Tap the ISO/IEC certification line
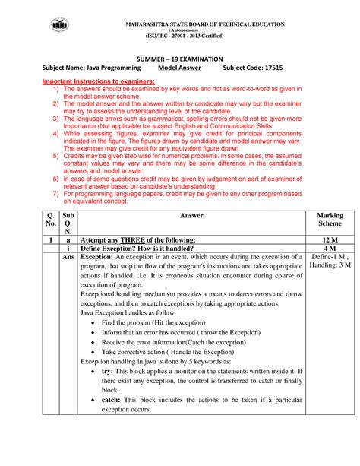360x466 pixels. (x=196, y=36)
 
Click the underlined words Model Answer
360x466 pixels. (x=178, y=68)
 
